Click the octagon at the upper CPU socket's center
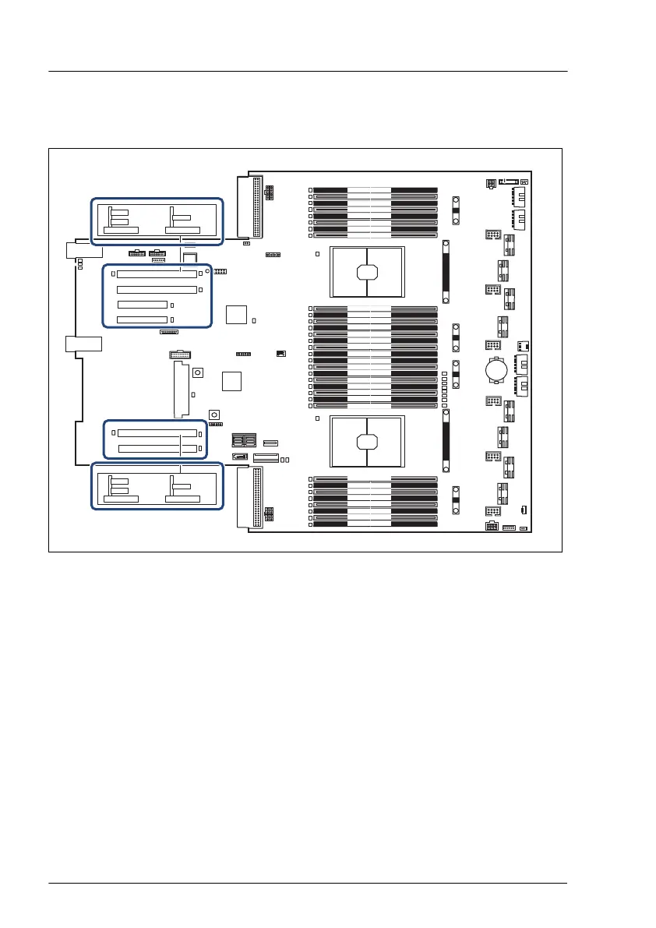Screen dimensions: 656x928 [367, 273]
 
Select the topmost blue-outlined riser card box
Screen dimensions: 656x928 [157, 221]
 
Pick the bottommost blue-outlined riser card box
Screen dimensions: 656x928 [157, 486]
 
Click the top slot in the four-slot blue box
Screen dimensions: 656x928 [157, 274]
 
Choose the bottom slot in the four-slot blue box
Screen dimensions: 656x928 [142, 319]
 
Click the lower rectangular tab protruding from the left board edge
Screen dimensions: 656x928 [84, 344]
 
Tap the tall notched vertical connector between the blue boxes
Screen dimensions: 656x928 [180, 390]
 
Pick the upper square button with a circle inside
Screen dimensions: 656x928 [198, 373]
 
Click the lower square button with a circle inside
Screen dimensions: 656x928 [213, 414]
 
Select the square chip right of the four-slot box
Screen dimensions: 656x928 [236, 315]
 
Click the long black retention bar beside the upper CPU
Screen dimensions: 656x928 [446, 272]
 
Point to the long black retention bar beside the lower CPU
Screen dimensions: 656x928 [446, 442]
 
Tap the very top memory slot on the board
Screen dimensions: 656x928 [376, 190]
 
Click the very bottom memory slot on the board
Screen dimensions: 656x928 [376, 524]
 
